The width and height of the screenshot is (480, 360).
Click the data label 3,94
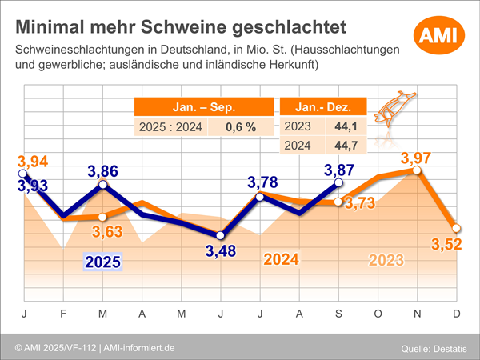point(34,159)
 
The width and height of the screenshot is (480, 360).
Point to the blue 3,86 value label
point(102,170)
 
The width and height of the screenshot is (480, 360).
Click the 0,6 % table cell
point(240,127)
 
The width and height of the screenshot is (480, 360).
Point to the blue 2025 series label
point(102,260)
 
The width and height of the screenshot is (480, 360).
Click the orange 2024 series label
point(282,260)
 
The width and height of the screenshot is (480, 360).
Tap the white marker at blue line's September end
point(338,183)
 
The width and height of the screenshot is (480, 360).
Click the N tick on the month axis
point(416,314)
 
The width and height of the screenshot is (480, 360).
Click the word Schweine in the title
point(182,27)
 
